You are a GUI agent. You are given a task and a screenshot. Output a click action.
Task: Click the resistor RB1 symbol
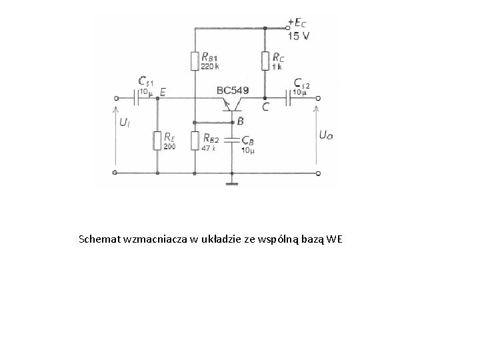195,61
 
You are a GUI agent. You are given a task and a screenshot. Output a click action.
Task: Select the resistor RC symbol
265,61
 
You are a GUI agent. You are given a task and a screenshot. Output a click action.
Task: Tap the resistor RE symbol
157,141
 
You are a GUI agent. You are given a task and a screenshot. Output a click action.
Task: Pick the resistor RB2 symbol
195,141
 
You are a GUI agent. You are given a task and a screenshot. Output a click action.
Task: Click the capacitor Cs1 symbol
136,99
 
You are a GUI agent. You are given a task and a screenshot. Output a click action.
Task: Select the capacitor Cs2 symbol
291,99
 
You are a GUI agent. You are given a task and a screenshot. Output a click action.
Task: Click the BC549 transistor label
233,90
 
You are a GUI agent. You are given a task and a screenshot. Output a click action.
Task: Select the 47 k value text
209,147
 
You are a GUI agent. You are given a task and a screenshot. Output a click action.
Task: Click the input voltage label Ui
125,123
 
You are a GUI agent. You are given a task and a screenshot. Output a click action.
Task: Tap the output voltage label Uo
326,135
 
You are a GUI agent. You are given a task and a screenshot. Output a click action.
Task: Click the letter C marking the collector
266,107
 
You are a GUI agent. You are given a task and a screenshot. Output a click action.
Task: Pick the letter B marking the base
240,121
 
